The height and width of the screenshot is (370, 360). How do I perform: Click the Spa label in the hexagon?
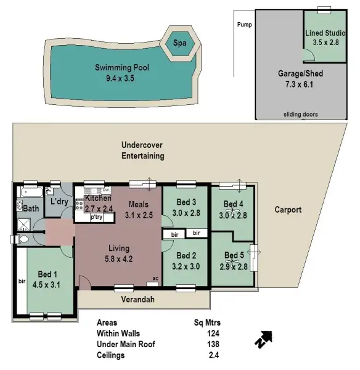(x=179, y=44)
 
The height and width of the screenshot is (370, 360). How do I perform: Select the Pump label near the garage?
(x=245, y=25)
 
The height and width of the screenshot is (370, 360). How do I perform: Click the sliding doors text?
(x=301, y=115)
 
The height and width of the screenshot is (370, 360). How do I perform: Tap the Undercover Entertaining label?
(x=142, y=150)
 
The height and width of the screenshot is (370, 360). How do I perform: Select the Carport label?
(x=288, y=210)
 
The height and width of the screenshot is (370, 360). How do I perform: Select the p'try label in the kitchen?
(x=96, y=218)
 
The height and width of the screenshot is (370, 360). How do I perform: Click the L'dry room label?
(x=59, y=202)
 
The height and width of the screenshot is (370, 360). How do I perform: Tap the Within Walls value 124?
(x=213, y=334)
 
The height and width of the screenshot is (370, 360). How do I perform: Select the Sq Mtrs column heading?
(x=207, y=323)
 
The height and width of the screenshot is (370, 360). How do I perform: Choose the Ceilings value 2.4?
(x=214, y=355)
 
